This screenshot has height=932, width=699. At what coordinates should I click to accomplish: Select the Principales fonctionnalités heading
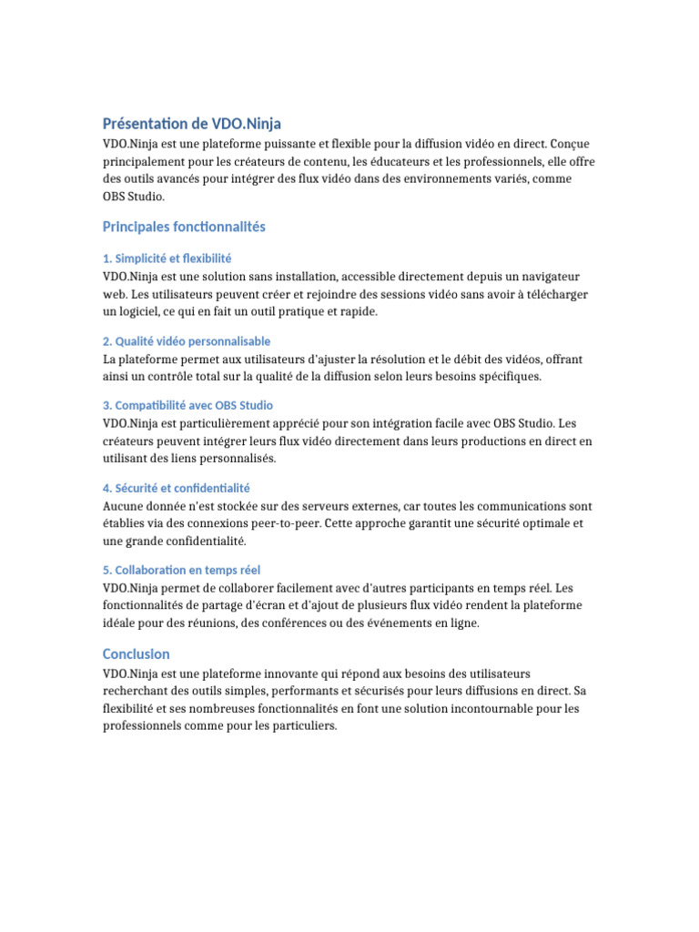coord(184,226)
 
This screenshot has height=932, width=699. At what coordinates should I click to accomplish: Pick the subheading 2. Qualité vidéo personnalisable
coord(187,341)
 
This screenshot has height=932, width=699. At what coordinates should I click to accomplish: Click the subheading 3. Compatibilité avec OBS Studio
coord(187,405)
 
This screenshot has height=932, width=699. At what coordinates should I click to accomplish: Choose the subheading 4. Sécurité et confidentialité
coord(177,488)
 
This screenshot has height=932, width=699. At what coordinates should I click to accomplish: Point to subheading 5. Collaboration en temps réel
coord(181,570)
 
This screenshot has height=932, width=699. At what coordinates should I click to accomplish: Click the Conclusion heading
coord(137,653)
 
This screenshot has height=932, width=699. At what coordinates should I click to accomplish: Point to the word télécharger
coord(552,294)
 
